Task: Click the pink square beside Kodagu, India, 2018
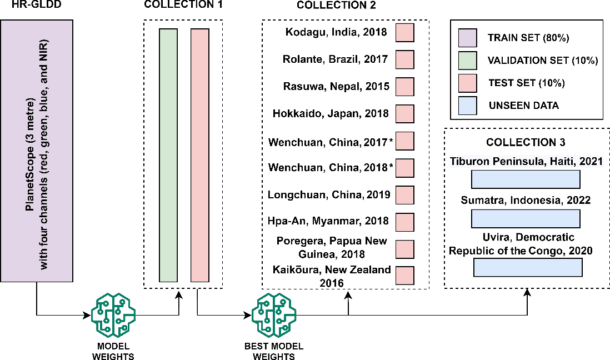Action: pyautogui.click(x=405, y=33)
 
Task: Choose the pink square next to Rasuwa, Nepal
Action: pyautogui.click(x=405, y=87)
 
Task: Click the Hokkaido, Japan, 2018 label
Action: pyautogui.click(x=331, y=113)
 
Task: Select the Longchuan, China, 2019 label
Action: pyautogui.click(x=329, y=195)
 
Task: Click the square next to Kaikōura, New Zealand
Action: pyautogui.click(x=405, y=276)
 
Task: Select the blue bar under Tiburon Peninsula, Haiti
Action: pyautogui.click(x=526, y=179)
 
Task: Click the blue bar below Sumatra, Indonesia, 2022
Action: pyautogui.click(x=526, y=218)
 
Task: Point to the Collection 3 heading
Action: pyautogui.click(x=526, y=142)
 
